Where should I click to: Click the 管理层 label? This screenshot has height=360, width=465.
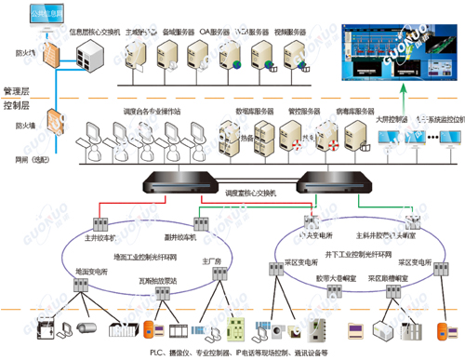[19, 92]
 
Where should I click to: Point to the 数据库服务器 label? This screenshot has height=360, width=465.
[254, 110]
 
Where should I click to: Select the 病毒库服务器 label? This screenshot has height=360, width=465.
[352, 110]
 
